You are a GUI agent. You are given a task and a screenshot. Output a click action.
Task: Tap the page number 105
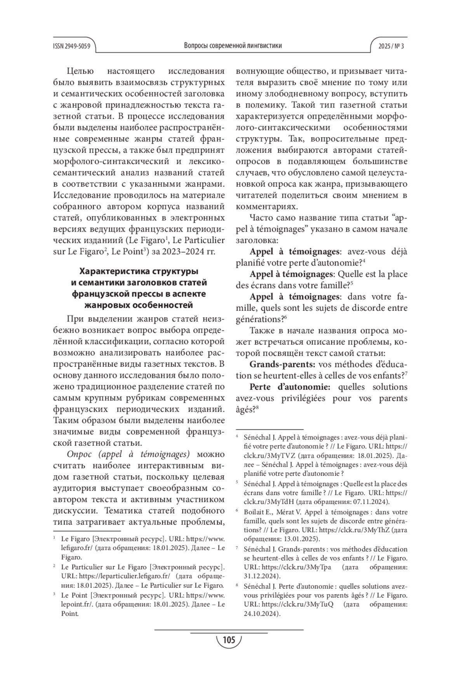[x=229, y=640]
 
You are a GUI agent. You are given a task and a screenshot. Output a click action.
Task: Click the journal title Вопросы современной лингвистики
[x=233, y=46]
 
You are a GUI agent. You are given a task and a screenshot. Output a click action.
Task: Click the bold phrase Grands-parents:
[x=282, y=365]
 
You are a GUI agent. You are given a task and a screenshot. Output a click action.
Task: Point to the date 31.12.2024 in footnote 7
[x=261, y=576]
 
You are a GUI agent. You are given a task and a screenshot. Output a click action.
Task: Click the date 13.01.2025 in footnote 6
[x=299, y=539]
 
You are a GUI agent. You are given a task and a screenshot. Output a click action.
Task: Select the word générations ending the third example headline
[x=258, y=319]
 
